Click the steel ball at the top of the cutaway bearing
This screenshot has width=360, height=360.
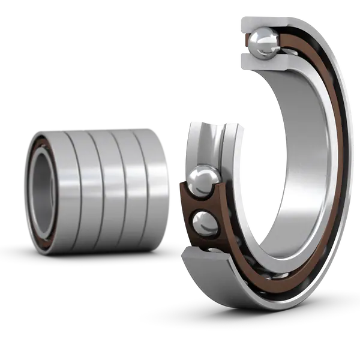262,44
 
